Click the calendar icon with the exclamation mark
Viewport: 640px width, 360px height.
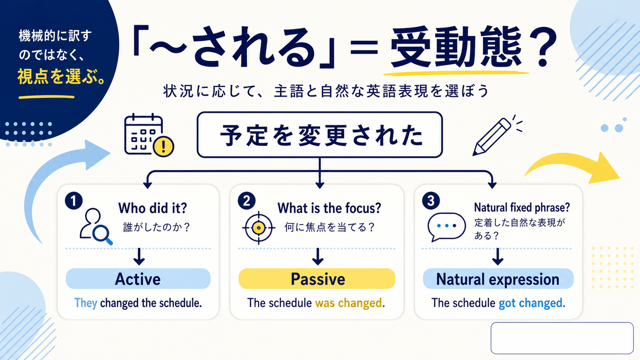coord(149,135)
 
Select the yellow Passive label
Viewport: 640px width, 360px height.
coord(317,279)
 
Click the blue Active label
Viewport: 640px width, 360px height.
coord(138,279)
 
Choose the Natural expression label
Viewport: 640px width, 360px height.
coord(498,279)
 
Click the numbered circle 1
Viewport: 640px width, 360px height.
coord(74,201)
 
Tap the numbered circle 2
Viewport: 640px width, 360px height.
coord(247,201)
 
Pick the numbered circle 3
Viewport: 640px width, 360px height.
coord(431,201)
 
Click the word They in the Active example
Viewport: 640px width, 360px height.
coord(86,303)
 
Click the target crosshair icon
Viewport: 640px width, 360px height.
coord(259,228)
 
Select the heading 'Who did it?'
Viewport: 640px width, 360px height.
coord(153,208)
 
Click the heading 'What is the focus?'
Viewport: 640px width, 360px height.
coord(329,208)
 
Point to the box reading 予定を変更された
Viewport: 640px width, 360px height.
coord(320,134)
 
